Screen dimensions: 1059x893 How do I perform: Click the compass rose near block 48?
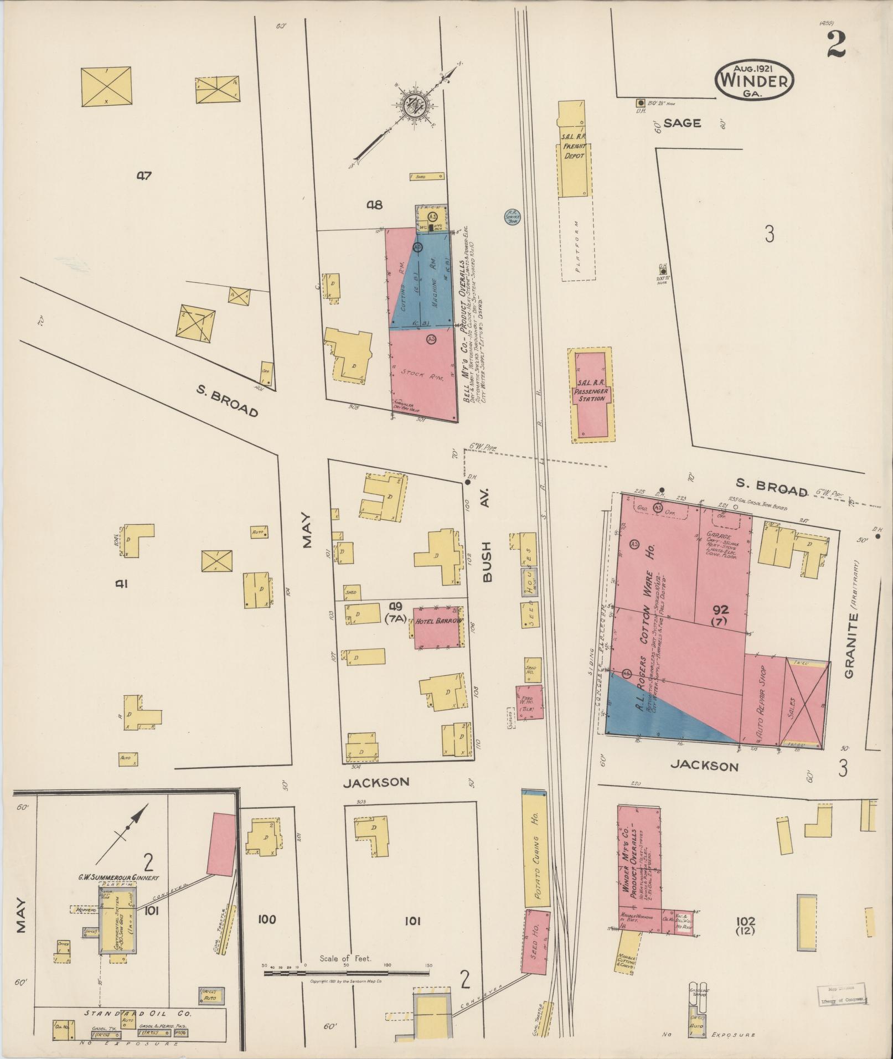click(x=412, y=105)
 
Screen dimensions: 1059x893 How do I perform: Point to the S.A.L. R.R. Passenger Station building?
click(x=591, y=395)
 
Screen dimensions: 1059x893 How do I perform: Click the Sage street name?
click(x=682, y=123)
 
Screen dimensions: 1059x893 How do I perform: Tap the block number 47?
click(x=144, y=176)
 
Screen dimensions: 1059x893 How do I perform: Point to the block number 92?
click(x=720, y=610)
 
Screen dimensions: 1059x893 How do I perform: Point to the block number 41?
click(x=122, y=583)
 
